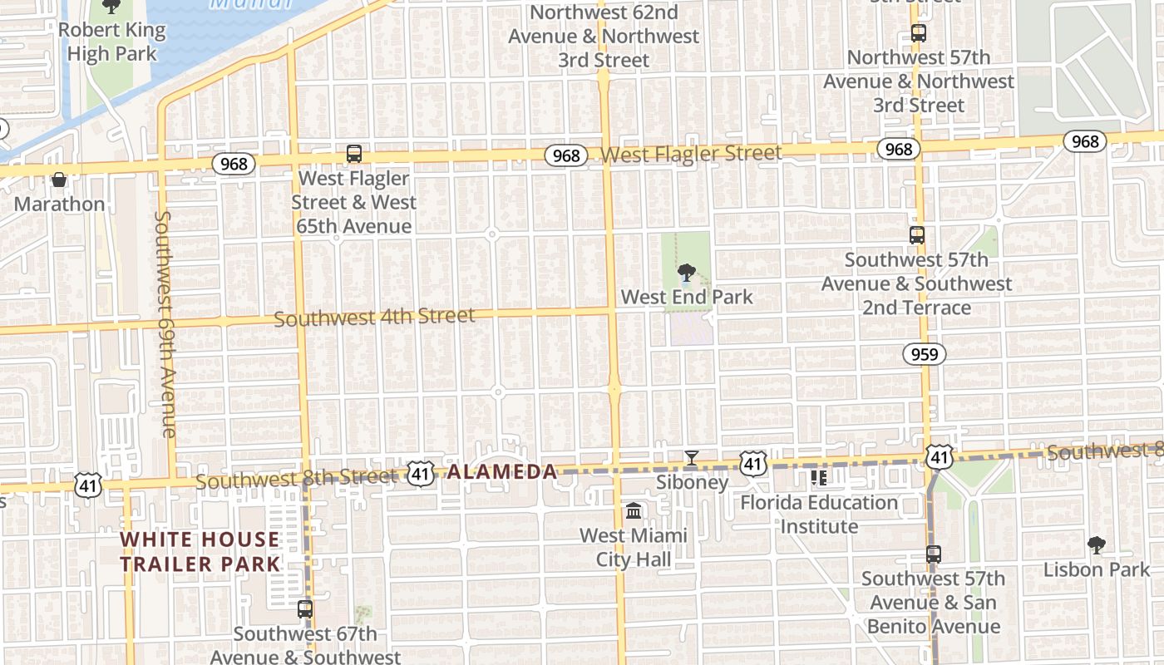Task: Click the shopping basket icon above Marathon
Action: (59, 180)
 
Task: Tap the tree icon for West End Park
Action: (686, 273)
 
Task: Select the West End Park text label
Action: (687, 297)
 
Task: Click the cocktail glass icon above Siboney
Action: (691, 458)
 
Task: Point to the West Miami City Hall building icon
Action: (634, 510)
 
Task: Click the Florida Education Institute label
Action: (819, 515)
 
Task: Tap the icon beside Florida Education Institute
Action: (819, 478)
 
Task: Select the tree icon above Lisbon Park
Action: (1097, 545)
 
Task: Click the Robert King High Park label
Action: (111, 42)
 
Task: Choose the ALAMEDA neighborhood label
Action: (502, 472)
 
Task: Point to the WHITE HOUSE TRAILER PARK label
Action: (200, 551)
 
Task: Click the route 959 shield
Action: (924, 355)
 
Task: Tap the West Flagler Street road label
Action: (691, 154)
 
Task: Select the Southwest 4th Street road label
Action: (374, 318)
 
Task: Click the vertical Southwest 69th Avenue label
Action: (164, 324)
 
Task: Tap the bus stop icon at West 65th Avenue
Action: (354, 154)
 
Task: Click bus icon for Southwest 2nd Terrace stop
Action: (917, 235)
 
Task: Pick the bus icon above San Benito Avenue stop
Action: (934, 554)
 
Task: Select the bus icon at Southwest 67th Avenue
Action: (305, 609)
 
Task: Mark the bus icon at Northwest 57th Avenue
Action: (919, 34)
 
